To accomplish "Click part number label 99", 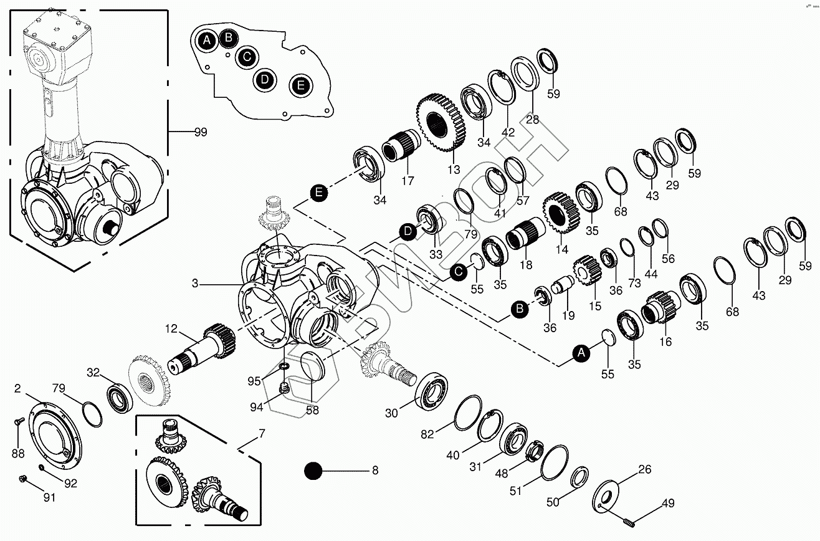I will tap(200, 132).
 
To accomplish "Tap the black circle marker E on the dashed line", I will tap(319, 193).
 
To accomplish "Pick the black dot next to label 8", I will tap(313, 471).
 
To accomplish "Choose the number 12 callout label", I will tap(171, 328).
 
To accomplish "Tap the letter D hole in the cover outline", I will tap(265, 79).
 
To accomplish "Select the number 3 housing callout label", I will tap(195, 283).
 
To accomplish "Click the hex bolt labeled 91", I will tap(23, 479).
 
